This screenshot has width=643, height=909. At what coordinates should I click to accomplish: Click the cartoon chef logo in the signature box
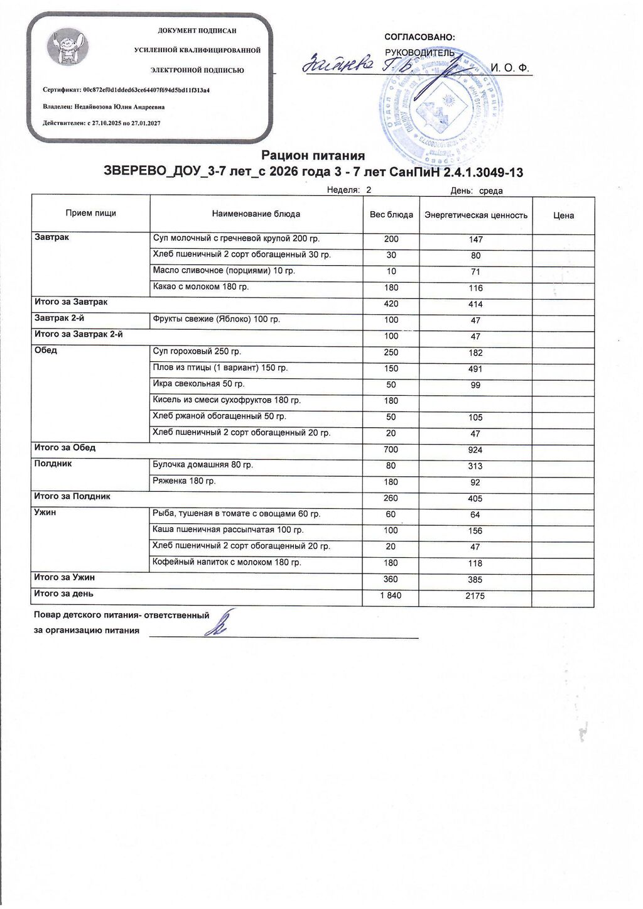(67, 48)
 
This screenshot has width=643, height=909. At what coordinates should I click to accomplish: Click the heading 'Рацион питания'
(313, 155)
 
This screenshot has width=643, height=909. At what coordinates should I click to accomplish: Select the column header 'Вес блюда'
(391, 215)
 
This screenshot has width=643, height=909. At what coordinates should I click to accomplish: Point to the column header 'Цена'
(563, 215)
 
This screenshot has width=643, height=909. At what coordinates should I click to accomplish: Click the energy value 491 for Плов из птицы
(475, 369)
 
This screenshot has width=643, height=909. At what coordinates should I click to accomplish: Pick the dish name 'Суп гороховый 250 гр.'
(197, 351)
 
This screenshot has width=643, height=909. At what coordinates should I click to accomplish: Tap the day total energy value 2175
(475, 596)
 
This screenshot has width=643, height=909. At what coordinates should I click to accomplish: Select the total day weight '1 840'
(391, 596)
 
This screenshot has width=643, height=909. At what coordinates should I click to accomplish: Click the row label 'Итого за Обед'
(65, 448)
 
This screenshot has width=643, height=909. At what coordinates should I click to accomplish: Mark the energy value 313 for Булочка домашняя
(475, 466)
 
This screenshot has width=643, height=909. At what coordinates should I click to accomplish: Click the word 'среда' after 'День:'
(491, 191)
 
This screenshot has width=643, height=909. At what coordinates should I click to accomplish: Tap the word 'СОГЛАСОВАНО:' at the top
(419, 38)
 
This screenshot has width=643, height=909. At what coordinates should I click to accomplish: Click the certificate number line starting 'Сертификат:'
(126, 90)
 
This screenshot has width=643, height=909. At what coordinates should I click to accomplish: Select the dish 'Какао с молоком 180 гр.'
(201, 286)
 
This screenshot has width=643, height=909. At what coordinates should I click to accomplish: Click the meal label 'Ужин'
(45, 513)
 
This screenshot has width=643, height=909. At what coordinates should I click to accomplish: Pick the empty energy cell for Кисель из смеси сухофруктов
(475, 401)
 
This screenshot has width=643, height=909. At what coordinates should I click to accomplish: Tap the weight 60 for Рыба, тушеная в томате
(391, 514)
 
